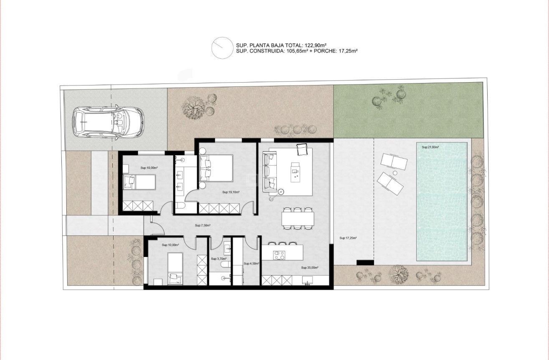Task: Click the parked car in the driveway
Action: tap(107, 122)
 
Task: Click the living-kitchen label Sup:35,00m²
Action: tap(309, 268)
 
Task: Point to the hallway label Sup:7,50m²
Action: tap(202, 226)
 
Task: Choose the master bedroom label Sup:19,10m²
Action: tap(231, 193)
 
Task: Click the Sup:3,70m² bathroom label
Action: tap(218, 259)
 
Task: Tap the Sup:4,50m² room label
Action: tap(252, 264)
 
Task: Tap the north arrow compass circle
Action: tap(222, 48)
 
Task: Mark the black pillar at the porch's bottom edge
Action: tap(365, 262)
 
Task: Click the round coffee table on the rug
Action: tap(281, 192)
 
